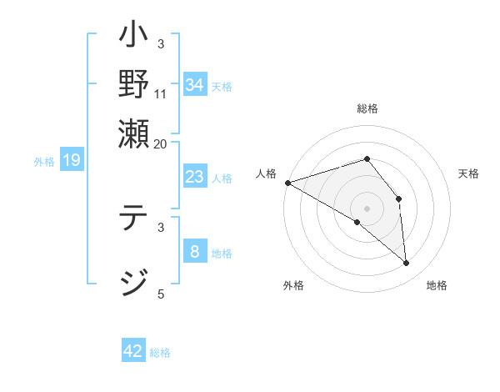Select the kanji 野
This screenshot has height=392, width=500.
tap(134, 85)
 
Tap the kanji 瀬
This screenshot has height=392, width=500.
tap(134, 133)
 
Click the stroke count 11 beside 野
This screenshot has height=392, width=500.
tap(161, 93)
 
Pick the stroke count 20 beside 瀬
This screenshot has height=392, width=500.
tap(161, 143)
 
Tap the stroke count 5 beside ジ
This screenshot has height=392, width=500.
tap(161, 294)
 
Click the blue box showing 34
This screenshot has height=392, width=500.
tap(195, 84)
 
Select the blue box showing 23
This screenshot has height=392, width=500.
tap(195, 177)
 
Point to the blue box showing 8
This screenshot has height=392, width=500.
tap(195, 252)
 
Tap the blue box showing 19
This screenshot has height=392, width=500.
tap(71, 160)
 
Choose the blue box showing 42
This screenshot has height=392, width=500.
tap(133, 351)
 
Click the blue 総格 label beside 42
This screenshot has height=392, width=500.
tap(160, 353)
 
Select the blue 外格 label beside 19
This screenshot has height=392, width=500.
tap(44, 162)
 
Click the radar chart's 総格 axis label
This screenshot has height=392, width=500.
tap(367, 108)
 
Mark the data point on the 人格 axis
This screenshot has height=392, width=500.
tap(287, 182)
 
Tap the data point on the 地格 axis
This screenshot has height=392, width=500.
tap(407, 264)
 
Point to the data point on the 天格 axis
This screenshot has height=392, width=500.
tap(399, 199)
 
